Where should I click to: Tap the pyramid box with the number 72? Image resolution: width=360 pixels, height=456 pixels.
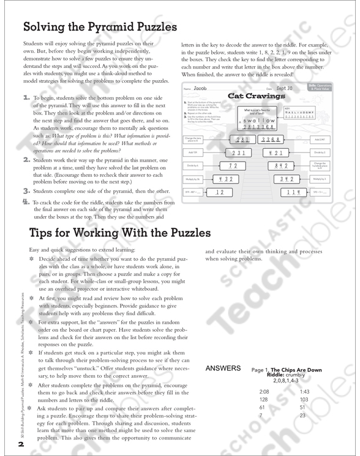tap(233, 166)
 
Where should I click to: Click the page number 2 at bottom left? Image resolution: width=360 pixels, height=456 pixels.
tap(21, 445)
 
